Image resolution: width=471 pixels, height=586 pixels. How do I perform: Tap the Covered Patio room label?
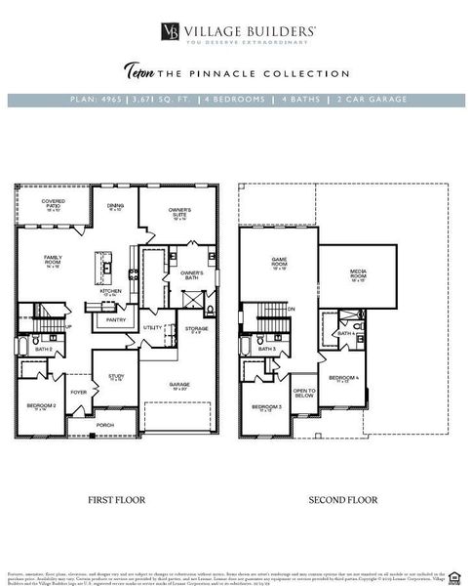tap(53, 205)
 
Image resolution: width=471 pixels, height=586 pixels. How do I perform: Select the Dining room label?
tap(116, 207)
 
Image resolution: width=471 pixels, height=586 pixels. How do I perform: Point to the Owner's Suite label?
tap(179, 213)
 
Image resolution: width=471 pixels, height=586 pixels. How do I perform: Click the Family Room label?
tap(53, 261)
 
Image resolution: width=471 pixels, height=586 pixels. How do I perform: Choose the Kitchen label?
tap(110, 292)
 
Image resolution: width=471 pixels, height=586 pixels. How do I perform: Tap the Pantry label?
tap(116, 319)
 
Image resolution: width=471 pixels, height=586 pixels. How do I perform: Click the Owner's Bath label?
tap(191, 275)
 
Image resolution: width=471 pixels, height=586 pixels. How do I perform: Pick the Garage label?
tap(177, 386)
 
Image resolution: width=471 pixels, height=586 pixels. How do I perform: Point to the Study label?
tap(116, 376)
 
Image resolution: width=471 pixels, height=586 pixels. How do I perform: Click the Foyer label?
tap(78, 394)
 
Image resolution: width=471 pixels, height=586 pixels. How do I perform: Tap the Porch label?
tap(104, 425)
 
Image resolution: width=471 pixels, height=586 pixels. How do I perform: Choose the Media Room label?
tap(359, 277)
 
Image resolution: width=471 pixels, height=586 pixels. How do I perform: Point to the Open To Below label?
tap(304, 394)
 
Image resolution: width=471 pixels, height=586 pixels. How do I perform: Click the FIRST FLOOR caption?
tap(116, 499)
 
